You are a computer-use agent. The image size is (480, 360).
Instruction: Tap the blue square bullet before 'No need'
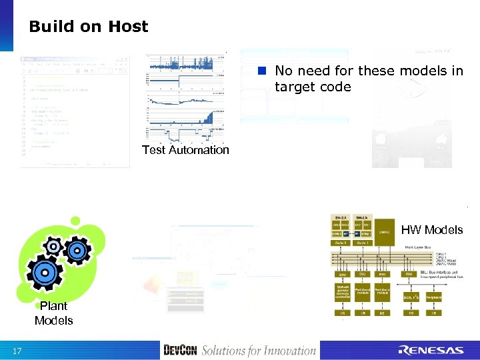(x=263, y=71)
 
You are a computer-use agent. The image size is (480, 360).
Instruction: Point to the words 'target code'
(x=312, y=87)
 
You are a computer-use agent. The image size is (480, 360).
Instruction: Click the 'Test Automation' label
(x=185, y=150)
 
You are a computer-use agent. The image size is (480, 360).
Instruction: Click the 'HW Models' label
(x=431, y=230)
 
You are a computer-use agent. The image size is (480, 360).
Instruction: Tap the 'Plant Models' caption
(x=53, y=313)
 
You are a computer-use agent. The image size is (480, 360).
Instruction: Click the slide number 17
(x=18, y=351)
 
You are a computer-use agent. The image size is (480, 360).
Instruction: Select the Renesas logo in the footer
(x=431, y=351)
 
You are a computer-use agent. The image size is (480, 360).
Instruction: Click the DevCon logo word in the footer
(x=180, y=350)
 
